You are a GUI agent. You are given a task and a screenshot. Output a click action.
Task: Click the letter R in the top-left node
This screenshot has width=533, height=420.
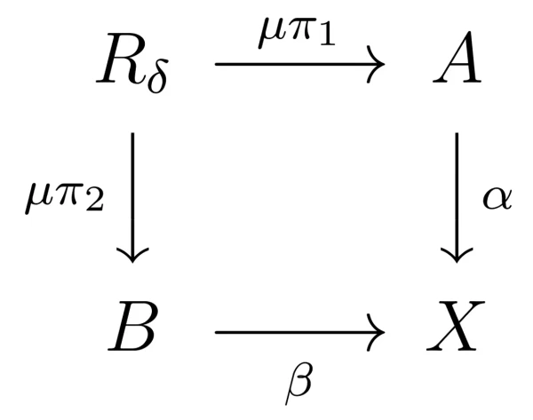point(122,59)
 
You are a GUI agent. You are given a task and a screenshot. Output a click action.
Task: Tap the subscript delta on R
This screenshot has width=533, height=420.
point(157,76)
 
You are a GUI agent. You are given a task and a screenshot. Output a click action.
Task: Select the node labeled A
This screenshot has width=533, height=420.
point(457,58)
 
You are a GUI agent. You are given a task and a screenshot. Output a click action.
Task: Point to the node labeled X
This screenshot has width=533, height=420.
point(456,326)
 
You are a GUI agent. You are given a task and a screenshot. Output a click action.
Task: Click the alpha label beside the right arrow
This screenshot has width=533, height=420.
point(497,198)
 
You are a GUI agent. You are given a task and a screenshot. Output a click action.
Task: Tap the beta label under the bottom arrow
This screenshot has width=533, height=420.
point(298,384)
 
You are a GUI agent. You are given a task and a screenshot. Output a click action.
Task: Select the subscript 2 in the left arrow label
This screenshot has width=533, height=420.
point(94,202)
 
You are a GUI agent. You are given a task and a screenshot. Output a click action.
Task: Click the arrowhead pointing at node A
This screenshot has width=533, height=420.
point(377,64)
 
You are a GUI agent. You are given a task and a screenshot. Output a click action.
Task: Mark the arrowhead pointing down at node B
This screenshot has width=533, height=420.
point(132,255)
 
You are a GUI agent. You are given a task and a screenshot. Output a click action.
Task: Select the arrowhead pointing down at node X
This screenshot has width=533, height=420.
point(457,255)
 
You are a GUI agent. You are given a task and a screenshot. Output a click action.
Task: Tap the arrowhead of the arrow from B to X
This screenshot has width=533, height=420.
point(377,332)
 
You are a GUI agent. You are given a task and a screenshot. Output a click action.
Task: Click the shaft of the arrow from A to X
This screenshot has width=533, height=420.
point(457,196)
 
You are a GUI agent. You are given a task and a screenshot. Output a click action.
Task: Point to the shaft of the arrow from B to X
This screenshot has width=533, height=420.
point(298,332)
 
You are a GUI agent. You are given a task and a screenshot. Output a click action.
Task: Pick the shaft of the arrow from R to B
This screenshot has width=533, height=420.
point(132,196)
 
